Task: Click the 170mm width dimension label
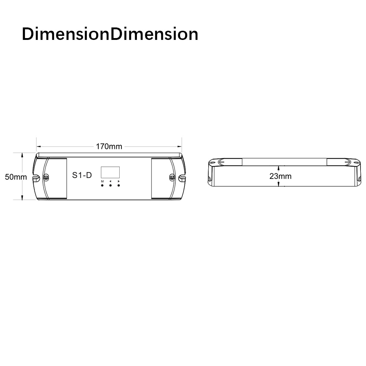(109, 147)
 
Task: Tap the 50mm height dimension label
(16, 177)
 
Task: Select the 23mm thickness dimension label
(280, 176)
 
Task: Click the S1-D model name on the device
(82, 175)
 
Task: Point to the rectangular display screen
(110, 172)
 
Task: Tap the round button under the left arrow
(110, 186)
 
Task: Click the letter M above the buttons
(102, 181)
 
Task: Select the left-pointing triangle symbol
(110, 181)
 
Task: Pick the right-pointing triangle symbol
(119, 181)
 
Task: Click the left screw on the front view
(46, 177)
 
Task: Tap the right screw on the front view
(172, 177)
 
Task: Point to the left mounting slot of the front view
(36, 178)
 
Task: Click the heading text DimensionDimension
(110, 34)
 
